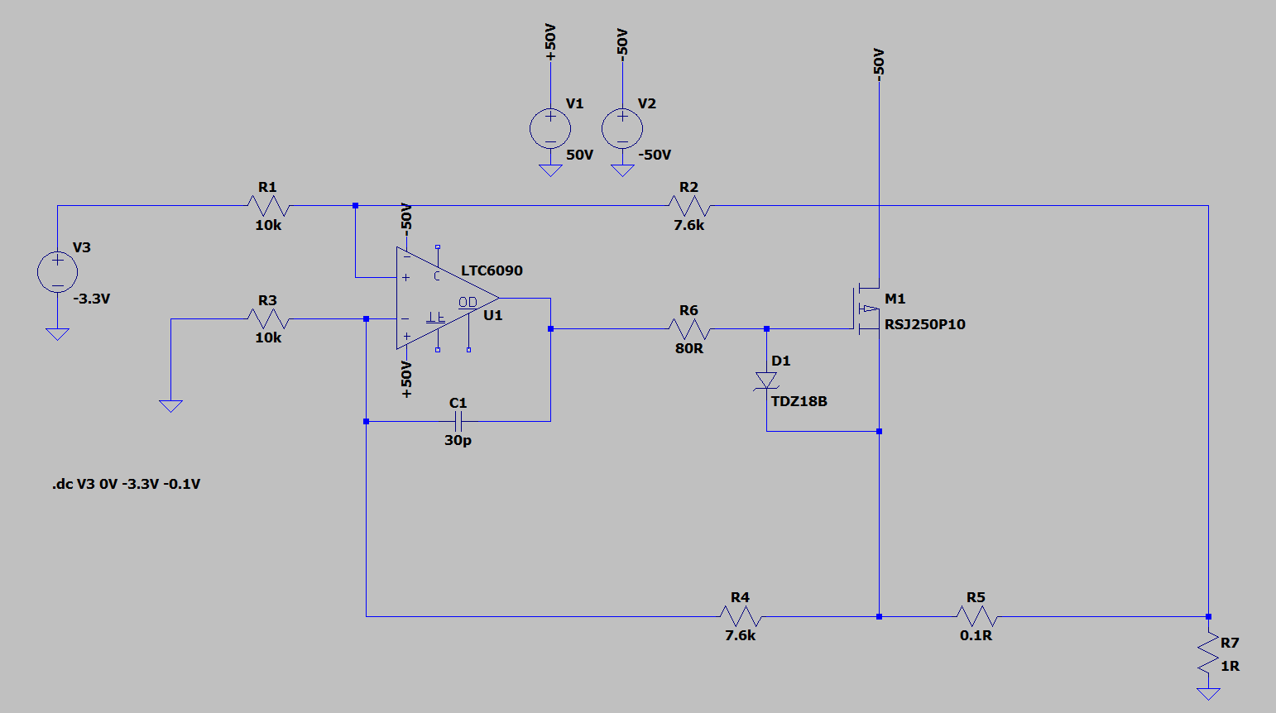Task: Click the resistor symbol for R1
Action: pos(267,206)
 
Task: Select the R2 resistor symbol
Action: pos(688,206)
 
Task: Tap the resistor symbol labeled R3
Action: pos(267,318)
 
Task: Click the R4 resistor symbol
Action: pos(740,616)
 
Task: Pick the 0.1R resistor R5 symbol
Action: pos(976,616)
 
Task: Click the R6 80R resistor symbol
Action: pos(688,329)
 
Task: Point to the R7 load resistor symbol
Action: pos(1208,654)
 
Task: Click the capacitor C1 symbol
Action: pos(458,421)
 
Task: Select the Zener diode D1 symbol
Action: pos(766,380)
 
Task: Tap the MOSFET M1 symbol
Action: pos(866,309)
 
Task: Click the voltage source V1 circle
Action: pos(550,128)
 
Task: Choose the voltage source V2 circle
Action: pos(622,128)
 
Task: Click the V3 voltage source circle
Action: pos(58,272)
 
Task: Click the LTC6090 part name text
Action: pos(492,270)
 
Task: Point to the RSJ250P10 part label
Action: pos(924,324)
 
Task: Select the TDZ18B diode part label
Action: pos(799,401)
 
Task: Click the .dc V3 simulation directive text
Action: pos(126,484)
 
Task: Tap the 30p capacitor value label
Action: pos(458,440)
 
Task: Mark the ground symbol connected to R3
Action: pos(170,405)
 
